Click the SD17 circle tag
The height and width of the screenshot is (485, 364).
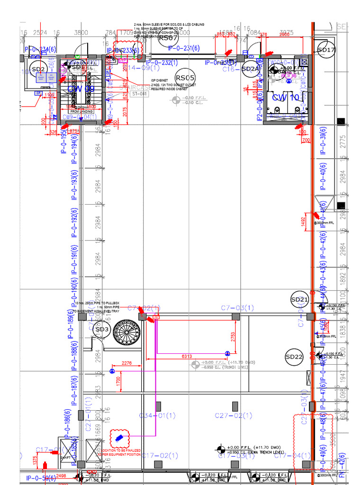pyautogui.click(x=326, y=50)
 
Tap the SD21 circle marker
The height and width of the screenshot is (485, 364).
pyautogui.click(x=300, y=299)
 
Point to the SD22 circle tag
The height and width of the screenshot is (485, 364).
pyautogui.click(x=294, y=357)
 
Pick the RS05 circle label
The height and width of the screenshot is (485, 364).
pyautogui.click(x=185, y=78)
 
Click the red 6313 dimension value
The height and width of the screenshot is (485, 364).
pyautogui.click(x=187, y=357)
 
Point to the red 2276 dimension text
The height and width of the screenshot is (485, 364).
pyautogui.click(x=127, y=364)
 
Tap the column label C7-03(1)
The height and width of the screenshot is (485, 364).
pyautogui.click(x=237, y=308)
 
